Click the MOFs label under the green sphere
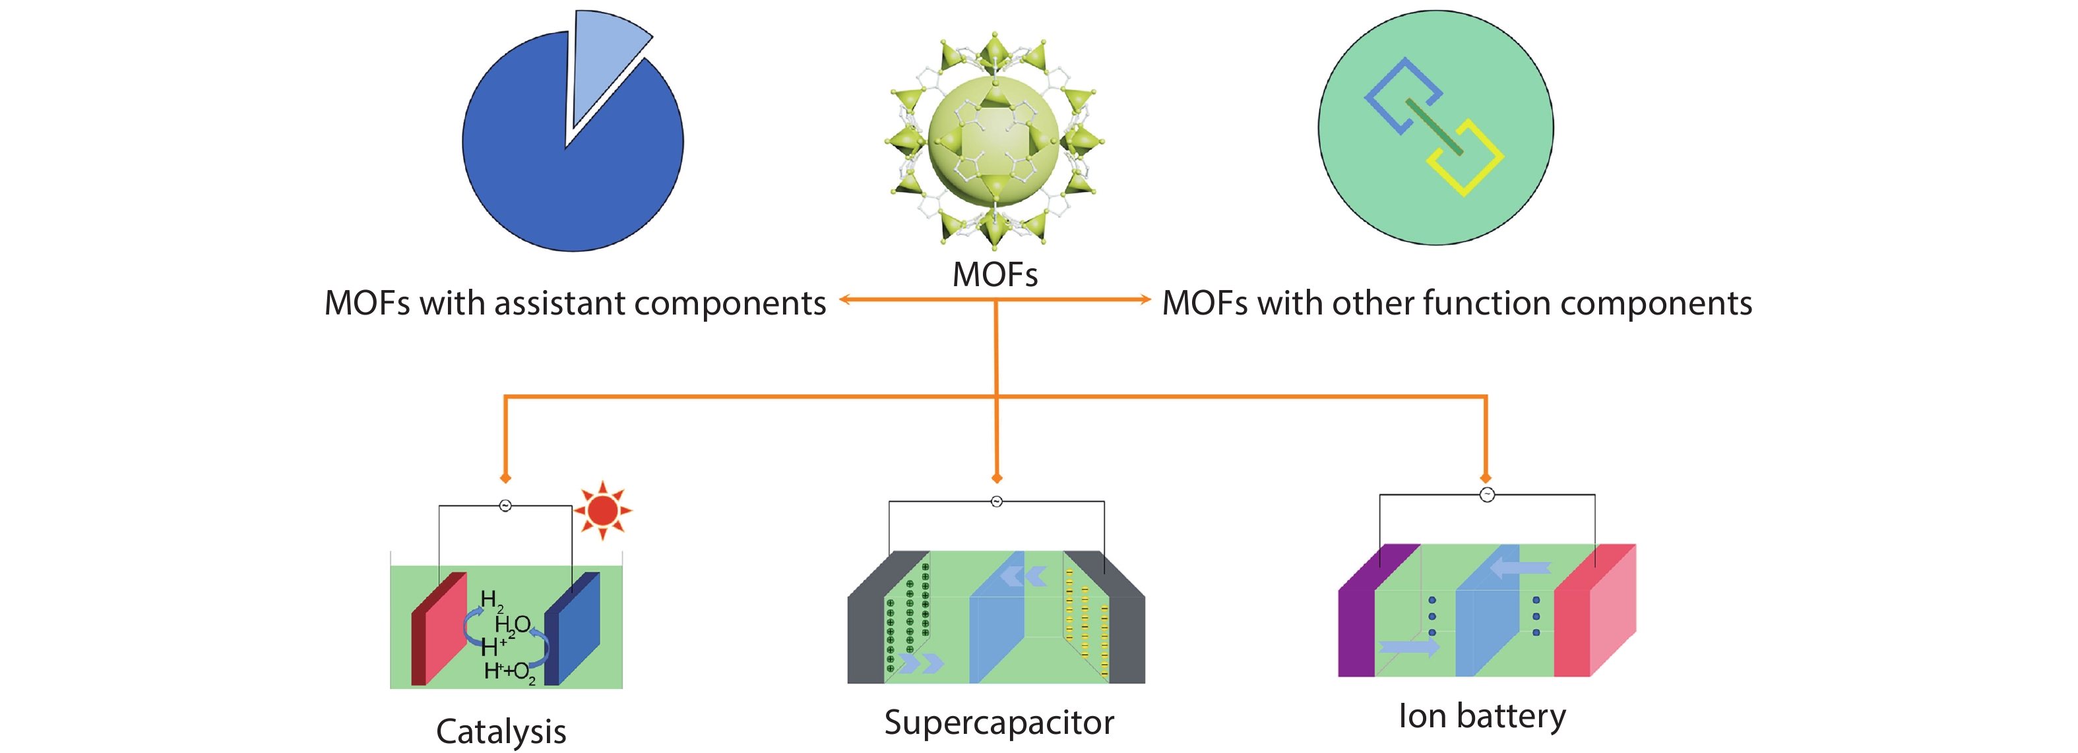[x=995, y=275]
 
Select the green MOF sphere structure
[x=995, y=138]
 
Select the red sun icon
[x=602, y=510]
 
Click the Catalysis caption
[x=501, y=731]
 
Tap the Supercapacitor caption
[x=999, y=723]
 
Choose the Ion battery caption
[x=1482, y=716]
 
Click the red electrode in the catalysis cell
[x=439, y=629]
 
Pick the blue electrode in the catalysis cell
[x=572, y=629]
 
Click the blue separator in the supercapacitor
[x=996, y=618]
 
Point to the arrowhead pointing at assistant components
[x=844, y=300]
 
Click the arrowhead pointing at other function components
[x=1145, y=300]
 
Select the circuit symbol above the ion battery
[x=1487, y=495]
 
